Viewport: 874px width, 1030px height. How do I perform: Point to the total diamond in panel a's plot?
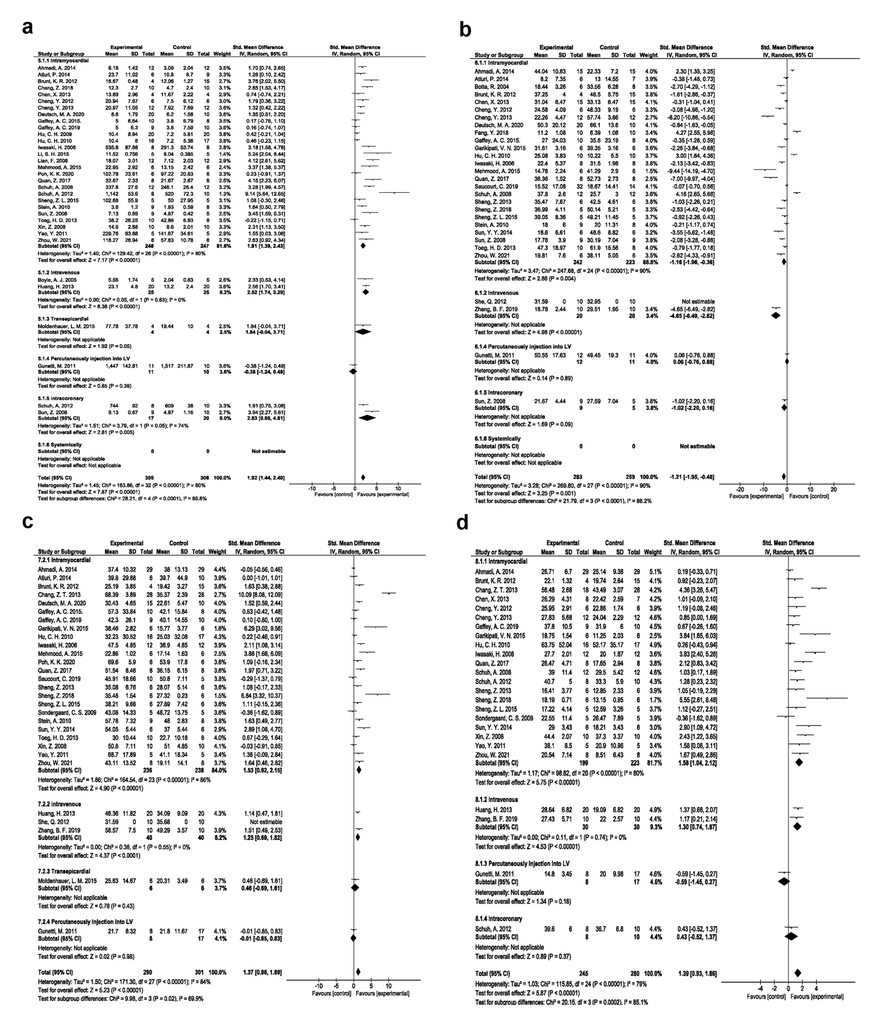[363, 477]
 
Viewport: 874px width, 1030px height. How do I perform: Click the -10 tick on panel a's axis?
[312, 488]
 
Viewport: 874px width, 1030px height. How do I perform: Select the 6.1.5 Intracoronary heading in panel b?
[498, 393]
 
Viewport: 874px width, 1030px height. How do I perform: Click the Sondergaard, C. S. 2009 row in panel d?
[504, 718]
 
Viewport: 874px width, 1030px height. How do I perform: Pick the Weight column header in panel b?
[649, 55]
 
